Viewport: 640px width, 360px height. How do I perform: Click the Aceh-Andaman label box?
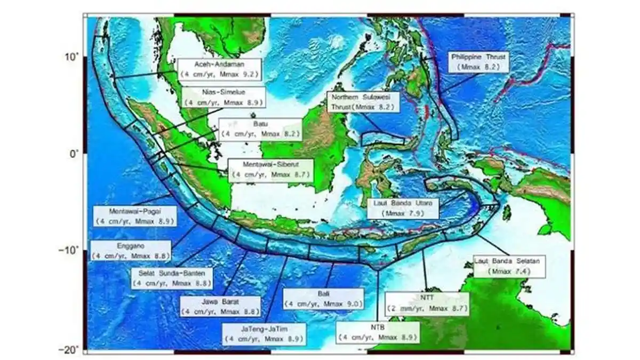pos(220,69)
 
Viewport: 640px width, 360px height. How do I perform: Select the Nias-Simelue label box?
pos(223,98)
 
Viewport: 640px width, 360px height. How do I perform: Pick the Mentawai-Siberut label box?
pos(269,170)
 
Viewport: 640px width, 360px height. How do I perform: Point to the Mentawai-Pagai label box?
pos(134,215)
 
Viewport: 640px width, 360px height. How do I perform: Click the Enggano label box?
pos(131,251)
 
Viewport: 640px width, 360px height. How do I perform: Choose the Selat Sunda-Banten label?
pos(172,277)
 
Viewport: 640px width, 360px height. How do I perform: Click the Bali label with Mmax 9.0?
pos(324,299)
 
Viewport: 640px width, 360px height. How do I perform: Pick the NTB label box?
pos(377,332)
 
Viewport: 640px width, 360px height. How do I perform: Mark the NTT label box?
pos(427,303)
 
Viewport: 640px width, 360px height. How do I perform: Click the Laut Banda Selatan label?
pos(510,266)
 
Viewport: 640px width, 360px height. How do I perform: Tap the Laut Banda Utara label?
pos(403,208)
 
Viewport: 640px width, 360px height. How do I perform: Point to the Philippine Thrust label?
pos(478,62)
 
